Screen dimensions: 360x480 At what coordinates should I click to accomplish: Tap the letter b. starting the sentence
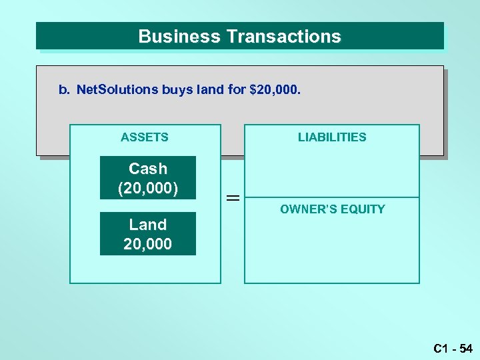[x=64, y=89]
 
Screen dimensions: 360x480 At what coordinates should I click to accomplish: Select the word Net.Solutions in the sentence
[x=117, y=89]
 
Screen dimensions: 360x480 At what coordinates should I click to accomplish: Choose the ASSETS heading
[x=145, y=137]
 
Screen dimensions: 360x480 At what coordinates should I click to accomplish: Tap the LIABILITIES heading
[x=332, y=137]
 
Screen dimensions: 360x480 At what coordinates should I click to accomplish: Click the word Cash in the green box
[x=148, y=169]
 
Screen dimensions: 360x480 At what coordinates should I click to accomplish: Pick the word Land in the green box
[x=148, y=225]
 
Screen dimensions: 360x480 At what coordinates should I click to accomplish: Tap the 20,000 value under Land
[x=148, y=244]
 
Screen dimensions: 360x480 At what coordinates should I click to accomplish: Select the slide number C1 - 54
[x=453, y=348]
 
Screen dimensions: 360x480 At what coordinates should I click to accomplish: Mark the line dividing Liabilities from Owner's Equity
[x=332, y=197]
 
